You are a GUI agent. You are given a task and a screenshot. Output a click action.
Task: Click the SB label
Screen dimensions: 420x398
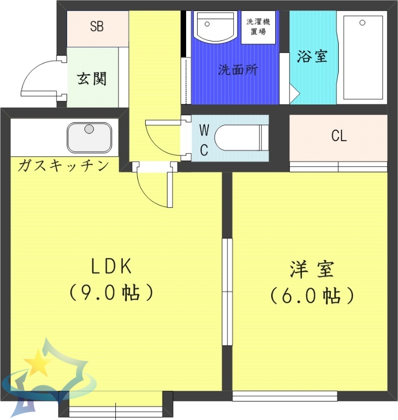coord(96,27)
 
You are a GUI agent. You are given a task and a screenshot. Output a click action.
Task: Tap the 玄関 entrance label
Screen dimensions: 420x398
coord(92,79)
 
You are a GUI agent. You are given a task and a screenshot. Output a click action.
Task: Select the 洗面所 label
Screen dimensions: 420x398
coord(238,70)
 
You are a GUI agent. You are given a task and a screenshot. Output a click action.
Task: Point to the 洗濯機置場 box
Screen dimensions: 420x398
coord(257,27)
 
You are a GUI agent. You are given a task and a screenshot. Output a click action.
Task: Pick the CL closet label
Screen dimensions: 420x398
coord(339,136)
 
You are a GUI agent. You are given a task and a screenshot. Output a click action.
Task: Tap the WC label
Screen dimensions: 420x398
coord(205,139)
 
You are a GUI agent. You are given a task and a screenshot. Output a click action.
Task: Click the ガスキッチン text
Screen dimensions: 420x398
coord(63,166)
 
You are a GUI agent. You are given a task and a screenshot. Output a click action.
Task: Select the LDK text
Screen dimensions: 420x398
coord(111,267)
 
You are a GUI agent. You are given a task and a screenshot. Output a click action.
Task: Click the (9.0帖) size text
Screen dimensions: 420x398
coord(111,292)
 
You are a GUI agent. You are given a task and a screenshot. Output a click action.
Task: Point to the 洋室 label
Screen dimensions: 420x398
coord(311,270)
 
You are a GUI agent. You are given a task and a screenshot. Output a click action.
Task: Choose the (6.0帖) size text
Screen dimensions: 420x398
coord(312,296)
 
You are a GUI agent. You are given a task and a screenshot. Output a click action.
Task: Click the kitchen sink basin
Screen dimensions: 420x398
coord(89,137)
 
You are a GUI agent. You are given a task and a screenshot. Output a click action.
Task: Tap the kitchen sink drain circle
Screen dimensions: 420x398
coord(89,129)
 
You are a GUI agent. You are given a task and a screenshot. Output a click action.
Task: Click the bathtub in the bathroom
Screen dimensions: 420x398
coord(362,57)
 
